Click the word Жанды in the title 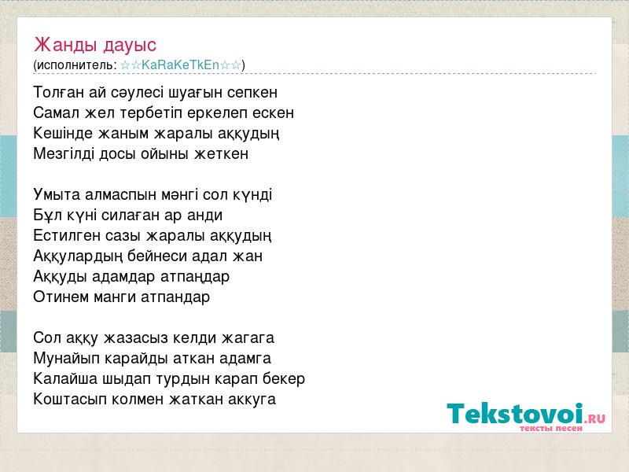(66, 45)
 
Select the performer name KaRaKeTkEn (180, 65)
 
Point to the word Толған (59, 92)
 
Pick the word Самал (57, 112)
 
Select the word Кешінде (63, 133)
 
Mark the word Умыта (57, 194)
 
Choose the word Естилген (67, 235)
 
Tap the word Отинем (61, 297)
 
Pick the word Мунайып (66, 359)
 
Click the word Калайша (65, 379)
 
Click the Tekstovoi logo (526, 417)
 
